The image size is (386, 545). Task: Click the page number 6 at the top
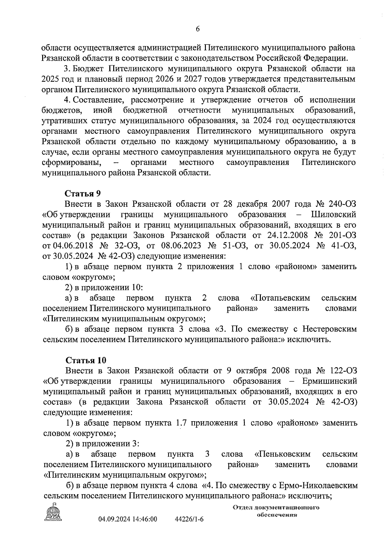(x=198, y=29)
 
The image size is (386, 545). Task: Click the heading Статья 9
(x=83, y=194)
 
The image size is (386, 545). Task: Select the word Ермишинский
(x=330, y=381)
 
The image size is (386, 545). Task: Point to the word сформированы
(x=72, y=162)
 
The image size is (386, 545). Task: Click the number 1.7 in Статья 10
(x=180, y=423)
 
